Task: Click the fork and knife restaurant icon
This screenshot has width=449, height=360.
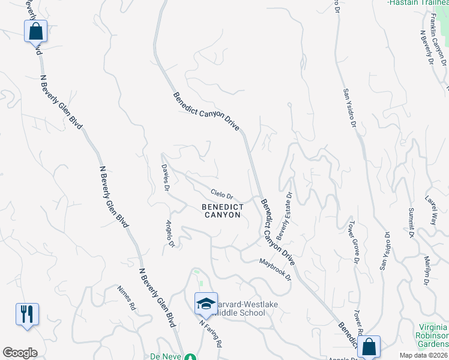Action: (x=27, y=313)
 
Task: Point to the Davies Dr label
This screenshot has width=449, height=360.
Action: (x=166, y=175)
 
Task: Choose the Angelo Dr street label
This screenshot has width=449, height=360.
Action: (x=169, y=234)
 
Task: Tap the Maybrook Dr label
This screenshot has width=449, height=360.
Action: (x=275, y=269)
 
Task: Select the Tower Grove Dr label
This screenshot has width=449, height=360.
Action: (x=353, y=241)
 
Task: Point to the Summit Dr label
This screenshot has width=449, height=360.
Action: (x=412, y=223)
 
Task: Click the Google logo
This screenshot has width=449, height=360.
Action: (x=20, y=352)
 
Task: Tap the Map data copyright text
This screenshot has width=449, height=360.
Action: (x=423, y=355)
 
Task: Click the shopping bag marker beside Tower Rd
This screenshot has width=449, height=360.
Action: (x=370, y=346)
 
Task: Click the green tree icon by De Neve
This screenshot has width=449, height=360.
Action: (x=191, y=356)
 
